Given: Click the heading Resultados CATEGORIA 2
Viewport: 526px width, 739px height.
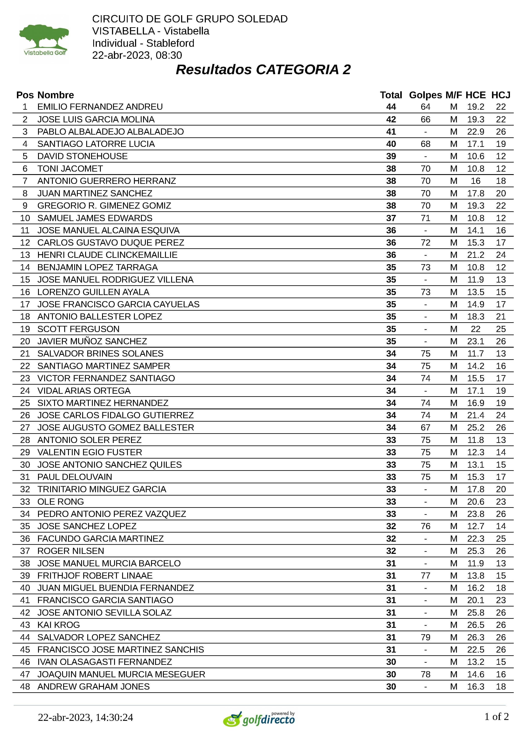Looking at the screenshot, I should [x=263, y=70].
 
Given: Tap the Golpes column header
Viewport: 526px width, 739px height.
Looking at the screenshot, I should [x=425, y=95].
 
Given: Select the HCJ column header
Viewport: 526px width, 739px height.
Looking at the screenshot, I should [x=500, y=95].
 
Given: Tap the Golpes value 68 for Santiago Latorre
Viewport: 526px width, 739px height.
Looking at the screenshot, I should [x=425, y=144].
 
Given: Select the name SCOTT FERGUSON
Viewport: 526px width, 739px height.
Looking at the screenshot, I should [x=78, y=329].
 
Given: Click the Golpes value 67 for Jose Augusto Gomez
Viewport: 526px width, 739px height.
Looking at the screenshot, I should [x=425, y=428].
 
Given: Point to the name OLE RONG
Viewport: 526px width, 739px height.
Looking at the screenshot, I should [x=61, y=502].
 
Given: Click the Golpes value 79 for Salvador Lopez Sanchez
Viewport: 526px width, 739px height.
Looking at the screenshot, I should [x=425, y=637].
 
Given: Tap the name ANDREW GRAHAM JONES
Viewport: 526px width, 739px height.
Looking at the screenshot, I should [x=94, y=687].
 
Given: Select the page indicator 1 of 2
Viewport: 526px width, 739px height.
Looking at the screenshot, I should [x=496, y=717].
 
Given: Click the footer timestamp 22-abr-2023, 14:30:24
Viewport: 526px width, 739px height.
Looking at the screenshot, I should [x=86, y=717].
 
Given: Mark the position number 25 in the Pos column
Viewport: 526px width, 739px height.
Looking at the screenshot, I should [x=25, y=403].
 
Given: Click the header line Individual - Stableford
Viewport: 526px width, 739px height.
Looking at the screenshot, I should [x=143, y=43].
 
